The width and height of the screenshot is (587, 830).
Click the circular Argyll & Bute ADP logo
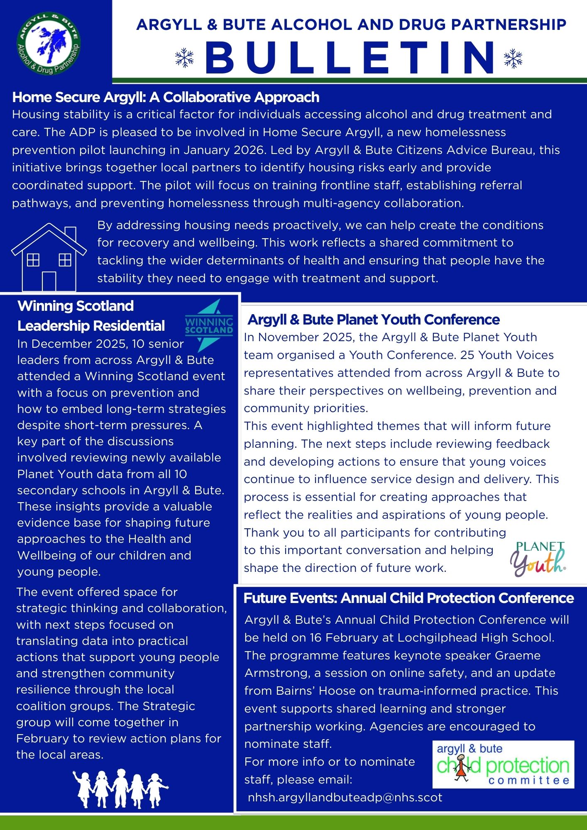(x=49, y=44)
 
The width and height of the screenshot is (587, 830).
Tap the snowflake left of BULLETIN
(x=184, y=58)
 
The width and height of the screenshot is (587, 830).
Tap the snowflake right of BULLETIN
(x=513, y=58)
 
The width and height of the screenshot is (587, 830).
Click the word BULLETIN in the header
(x=350, y=57)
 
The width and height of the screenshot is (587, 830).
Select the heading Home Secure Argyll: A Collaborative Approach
(x=166, y=97)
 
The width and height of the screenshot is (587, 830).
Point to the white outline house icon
(x=49, y=257)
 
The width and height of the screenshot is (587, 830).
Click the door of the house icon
(x=49, y=281)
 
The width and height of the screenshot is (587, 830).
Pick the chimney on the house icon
(x=71, y=234)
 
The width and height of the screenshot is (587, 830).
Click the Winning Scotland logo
(x=209, y=326)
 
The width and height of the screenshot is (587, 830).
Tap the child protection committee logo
(x=503, y=764)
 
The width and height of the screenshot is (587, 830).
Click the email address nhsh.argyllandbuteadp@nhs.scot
(x=345, y=797)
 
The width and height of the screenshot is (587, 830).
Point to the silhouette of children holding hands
(x=120, y=788)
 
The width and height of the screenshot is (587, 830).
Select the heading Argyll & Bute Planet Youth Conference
(x=374, y=320)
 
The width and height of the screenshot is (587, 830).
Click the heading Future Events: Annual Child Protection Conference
(x=408, y=598)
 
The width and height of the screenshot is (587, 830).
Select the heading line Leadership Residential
(x=91, y=326)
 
